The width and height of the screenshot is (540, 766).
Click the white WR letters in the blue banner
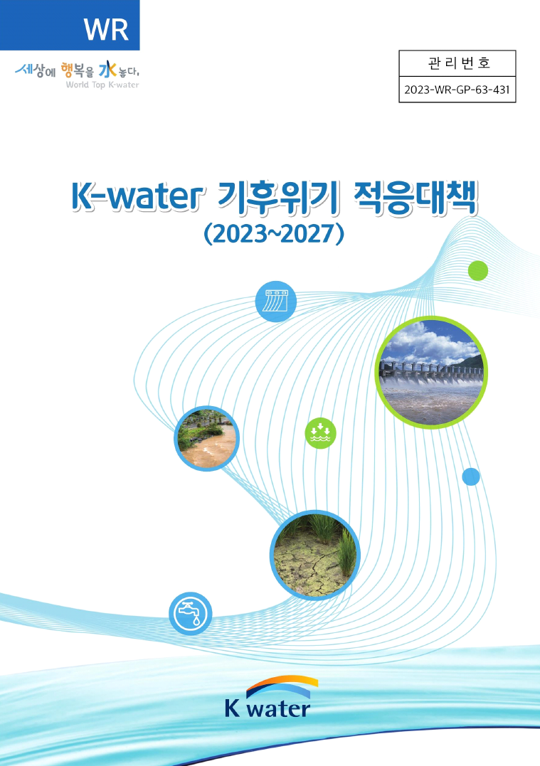coord(106,29)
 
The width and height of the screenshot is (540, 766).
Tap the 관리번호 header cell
coord(457,63)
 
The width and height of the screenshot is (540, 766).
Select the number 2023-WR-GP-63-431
coord(457,90)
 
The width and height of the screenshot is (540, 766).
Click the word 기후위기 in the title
coord(277,198)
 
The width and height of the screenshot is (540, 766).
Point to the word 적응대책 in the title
coord(415,198)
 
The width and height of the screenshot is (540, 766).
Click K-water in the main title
coord(137,197)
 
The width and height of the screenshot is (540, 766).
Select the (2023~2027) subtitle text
coord(274,233)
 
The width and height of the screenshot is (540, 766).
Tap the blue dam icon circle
coord(276,302)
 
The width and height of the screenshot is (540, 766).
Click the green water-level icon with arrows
coord(321,433)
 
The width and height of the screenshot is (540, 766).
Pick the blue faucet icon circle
coord(191,614)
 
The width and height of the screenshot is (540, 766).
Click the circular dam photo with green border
coord(431,372)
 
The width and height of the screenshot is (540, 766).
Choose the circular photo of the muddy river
coord(207,438)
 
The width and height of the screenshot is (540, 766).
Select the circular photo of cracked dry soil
coord(315,555)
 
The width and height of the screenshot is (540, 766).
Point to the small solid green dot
coord(478,271)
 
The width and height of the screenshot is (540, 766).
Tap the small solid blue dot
coord(471,477)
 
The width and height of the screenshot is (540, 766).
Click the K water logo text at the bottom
coord(268,708)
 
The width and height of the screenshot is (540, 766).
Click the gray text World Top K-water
coord(102,85)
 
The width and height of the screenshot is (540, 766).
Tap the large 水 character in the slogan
coord(107,70)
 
